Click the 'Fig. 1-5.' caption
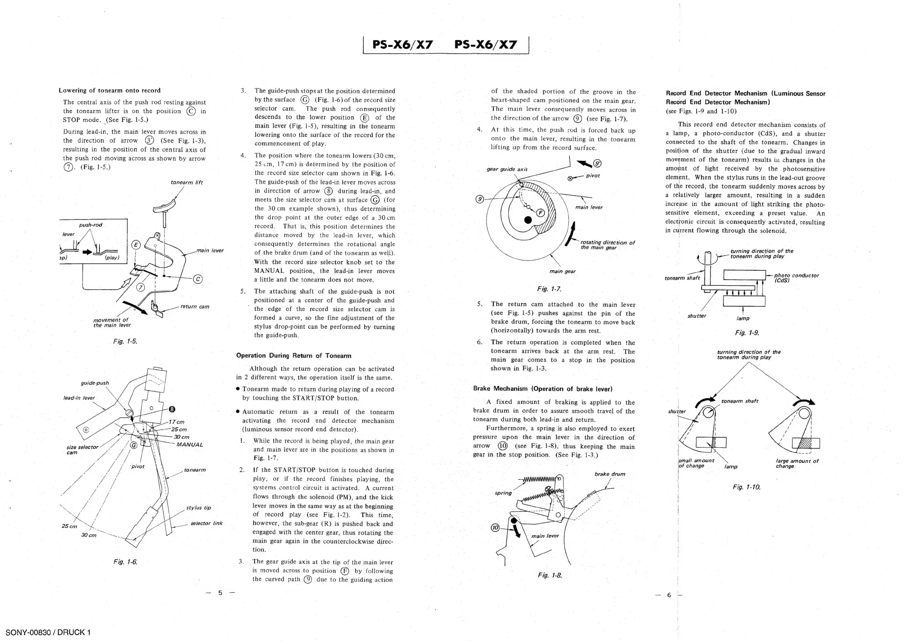[x=125, y=341]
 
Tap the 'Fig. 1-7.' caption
[x=549, y=289]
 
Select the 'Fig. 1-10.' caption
[x=746, y=487]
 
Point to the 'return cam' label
[x=195, y=307]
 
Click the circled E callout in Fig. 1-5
[x=136, y=245]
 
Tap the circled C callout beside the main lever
[x=198, y=279]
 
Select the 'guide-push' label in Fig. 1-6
[x=95, y=383]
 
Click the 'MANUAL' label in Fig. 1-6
[x=190, y=445]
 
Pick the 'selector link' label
[x=206, y=524]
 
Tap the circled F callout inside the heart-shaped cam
[x=540, y=213]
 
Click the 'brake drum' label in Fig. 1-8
[x=609, y=474]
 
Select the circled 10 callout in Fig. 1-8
[x=495, y=527]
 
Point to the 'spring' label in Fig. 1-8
[x=503, y=493]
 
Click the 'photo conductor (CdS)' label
[x=796, y=278]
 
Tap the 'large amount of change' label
[x=797, y=463]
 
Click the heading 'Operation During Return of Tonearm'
[x=294, y=356]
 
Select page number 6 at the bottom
[x=669, y=595]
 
